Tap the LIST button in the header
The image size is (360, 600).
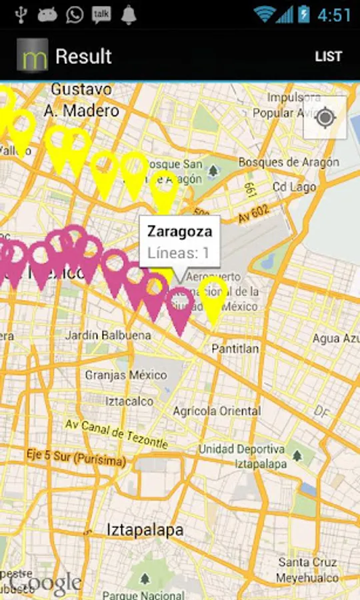(x=328, y=57)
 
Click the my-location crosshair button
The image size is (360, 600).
(x=325, y=118)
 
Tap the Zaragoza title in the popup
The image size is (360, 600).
(x=179, y=232)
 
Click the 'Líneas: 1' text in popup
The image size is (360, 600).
(x=178, y=253)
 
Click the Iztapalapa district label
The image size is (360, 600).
(x=145, y=530)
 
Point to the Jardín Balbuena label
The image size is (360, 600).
(x=108, y=335)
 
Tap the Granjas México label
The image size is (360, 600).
(x=125, y=375)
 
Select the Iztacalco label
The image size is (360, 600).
(x=129, y=401)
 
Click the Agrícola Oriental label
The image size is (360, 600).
(x=217, y=411)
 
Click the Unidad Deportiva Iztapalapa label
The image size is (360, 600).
(x=241, y=456)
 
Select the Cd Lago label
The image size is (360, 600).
(x=294, y=187)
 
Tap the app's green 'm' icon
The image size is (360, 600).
(x=32, y=56)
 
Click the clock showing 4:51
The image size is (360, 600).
(x=334, y=15)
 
